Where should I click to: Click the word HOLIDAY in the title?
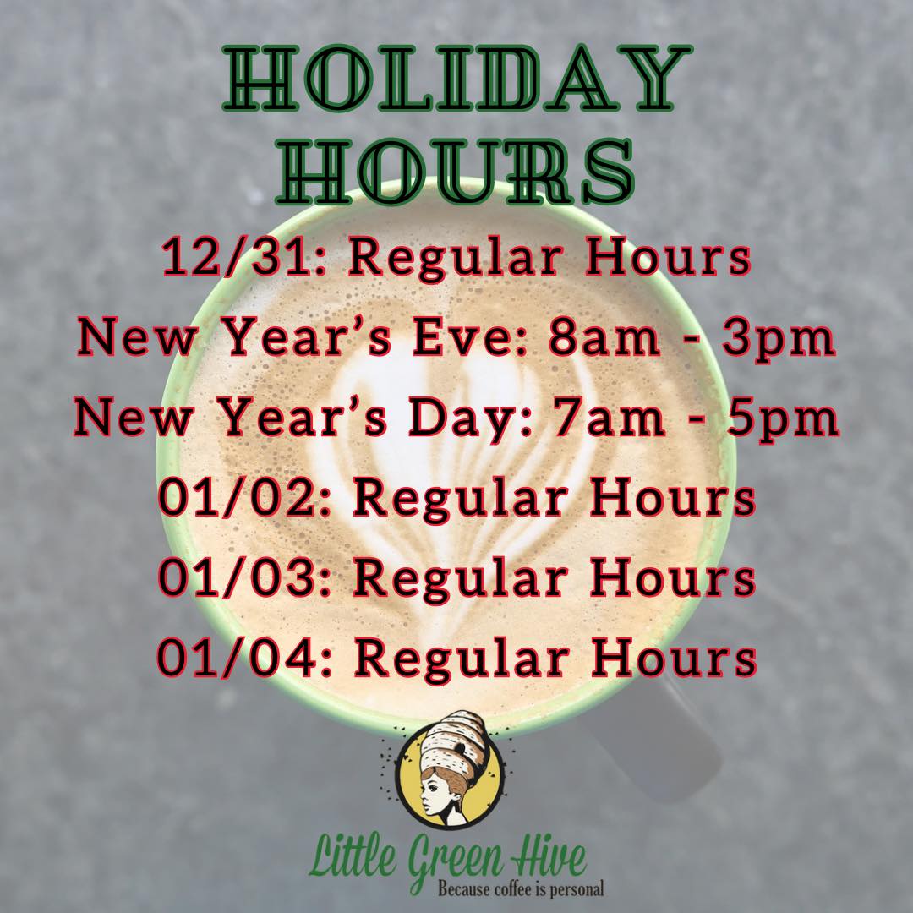[x=457, y=79]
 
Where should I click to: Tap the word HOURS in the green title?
[x=456, y=172]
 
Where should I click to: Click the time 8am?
[x=604, y=339]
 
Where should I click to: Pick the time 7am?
[x=608, y=419]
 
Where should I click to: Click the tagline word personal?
[x=577, y=890]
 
